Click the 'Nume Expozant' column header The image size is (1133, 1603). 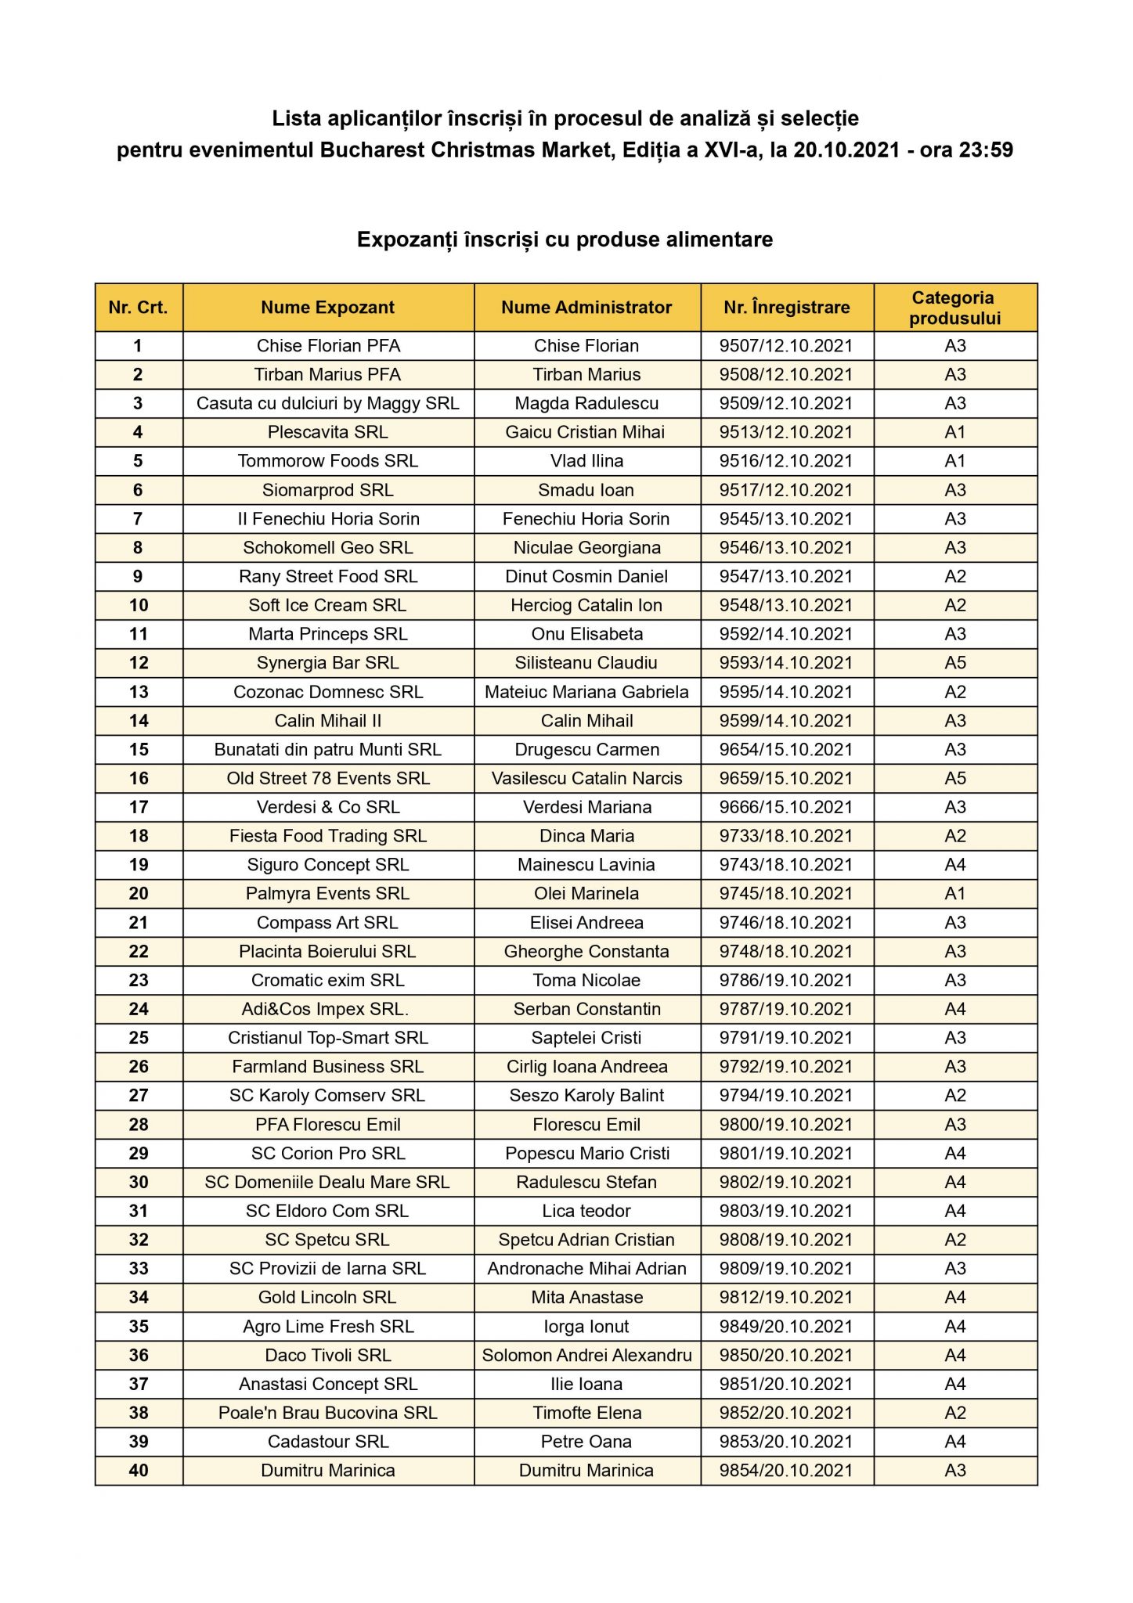328,308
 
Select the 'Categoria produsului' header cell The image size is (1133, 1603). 954,308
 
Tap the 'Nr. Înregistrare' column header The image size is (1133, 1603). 786,308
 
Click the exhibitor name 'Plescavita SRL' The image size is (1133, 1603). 328,432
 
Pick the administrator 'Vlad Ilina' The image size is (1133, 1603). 586,461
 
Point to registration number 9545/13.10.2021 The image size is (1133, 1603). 786,519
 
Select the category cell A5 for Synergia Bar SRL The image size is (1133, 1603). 954,663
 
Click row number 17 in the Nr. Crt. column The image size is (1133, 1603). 139,807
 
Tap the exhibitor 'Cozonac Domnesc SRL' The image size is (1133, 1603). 328,692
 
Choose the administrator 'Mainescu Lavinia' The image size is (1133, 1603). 586,865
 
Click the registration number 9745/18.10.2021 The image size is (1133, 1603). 786,894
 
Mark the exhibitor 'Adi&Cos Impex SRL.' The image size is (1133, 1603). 325,1009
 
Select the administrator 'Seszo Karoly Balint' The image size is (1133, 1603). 586,1096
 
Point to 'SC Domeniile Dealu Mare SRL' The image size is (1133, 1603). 327,1182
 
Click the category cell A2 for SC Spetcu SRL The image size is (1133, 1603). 954,1240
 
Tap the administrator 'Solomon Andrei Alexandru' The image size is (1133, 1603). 586,1355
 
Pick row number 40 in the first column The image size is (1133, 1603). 139,1471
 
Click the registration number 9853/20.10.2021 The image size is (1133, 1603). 786,1442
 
